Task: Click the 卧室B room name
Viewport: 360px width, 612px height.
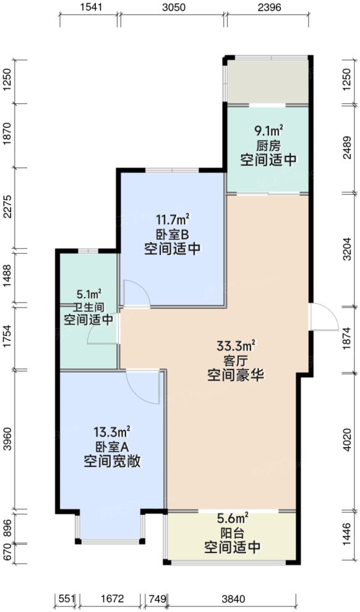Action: pos(172,235)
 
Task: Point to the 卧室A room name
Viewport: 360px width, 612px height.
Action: pos(111,446)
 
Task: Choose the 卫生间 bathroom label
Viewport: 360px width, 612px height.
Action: pos(89,307)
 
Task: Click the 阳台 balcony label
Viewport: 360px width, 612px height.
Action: pos(232,533)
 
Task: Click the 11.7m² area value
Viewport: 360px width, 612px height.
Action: pos(172,220)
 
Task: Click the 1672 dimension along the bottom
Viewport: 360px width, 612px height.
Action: pos(111,598)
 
